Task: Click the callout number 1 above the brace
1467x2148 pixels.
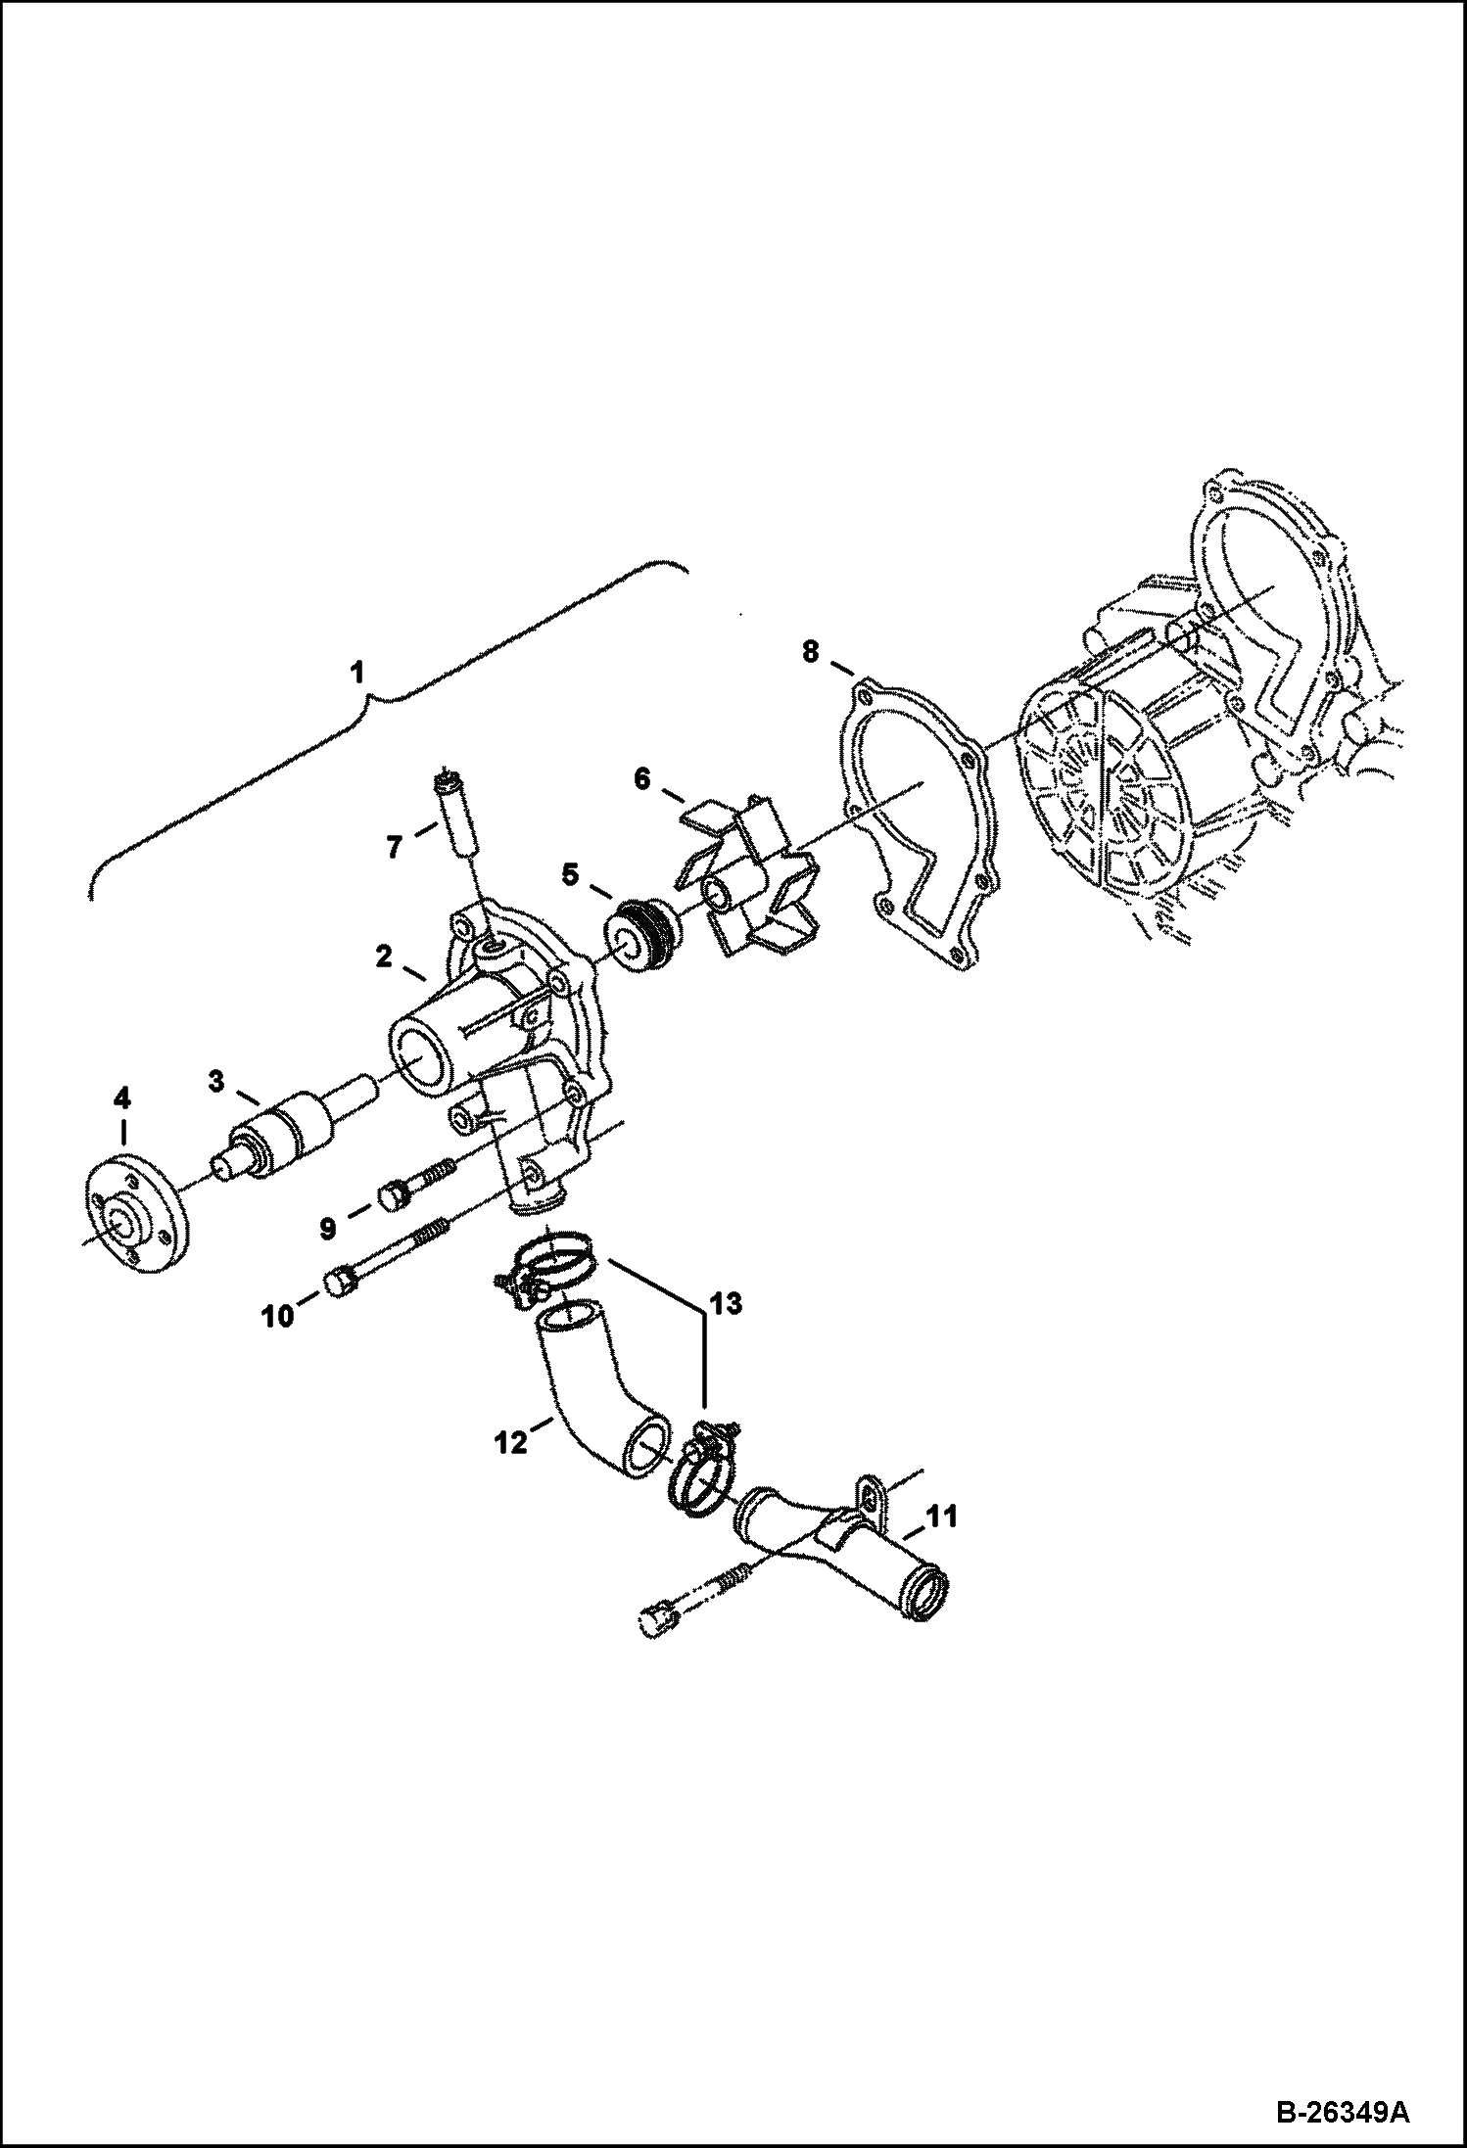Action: tap(357, 673)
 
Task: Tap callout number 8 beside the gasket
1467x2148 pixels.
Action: tap(810, 651)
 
